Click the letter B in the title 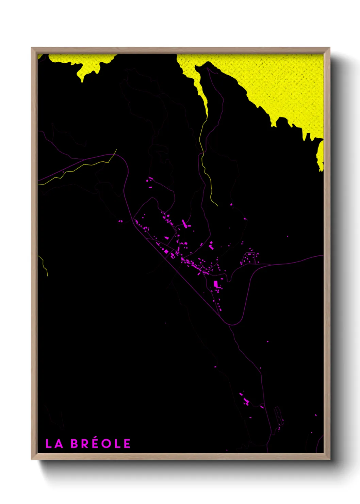[75, 443]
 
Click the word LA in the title [54, 443]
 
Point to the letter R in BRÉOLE [84, 443]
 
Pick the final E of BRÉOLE [127, 443]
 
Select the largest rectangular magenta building [215, 284]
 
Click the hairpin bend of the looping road [234, 324]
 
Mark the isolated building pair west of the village [120, 221]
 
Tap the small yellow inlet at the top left [82, 70]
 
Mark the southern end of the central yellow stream [217, 205]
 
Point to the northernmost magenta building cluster [150, 180]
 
